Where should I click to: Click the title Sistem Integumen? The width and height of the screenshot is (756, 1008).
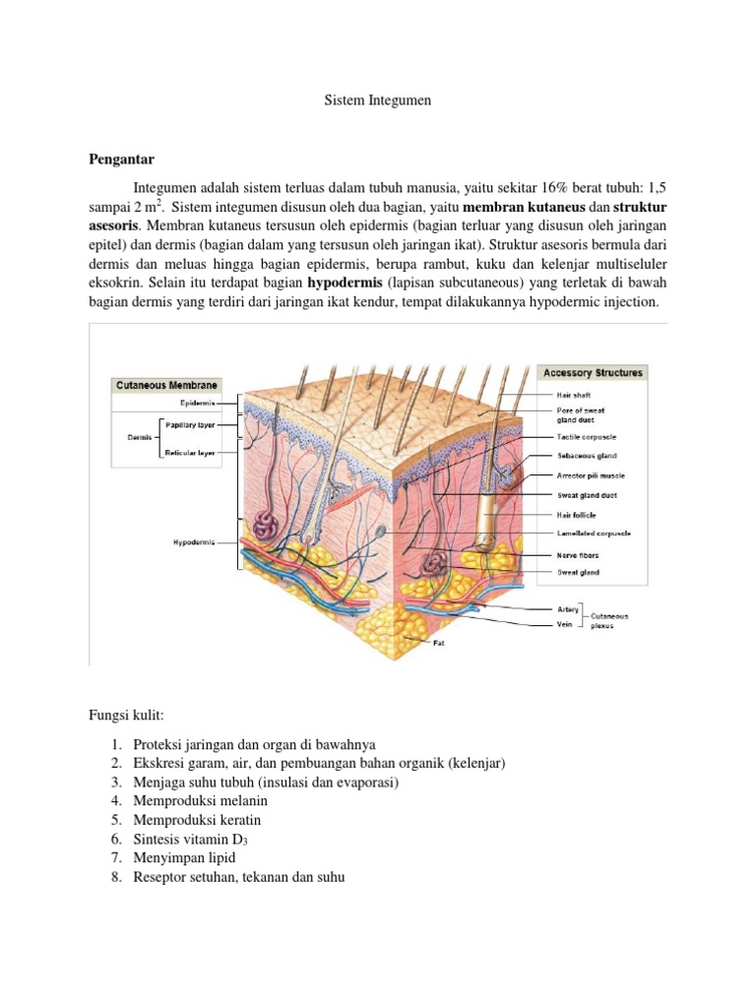click(378, 100)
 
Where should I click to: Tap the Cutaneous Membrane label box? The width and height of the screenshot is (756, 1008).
click(164, 385)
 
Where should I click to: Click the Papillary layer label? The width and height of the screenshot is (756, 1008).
click(189, 425)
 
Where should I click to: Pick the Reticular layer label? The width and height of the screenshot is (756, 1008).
click(190, 453)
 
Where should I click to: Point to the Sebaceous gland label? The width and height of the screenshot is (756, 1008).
click(588, 456)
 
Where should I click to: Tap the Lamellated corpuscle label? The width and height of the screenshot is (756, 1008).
click(595, 534)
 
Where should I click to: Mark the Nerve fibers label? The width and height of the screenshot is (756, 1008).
click(579, 554)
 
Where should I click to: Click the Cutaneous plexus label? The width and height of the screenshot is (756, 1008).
click(609, 620)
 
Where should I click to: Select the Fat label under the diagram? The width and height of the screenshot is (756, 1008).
click(440, 643)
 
